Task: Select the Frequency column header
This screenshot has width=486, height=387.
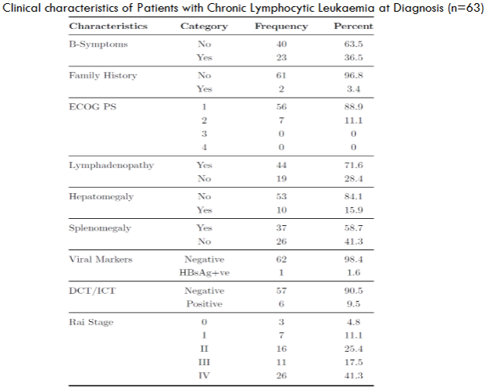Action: [281, 27]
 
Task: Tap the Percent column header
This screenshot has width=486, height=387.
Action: [353, 27]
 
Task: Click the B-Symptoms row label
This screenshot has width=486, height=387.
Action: [98, 45]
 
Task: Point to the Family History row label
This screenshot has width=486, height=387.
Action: [102, 75]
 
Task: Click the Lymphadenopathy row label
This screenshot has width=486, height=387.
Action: [111, 166]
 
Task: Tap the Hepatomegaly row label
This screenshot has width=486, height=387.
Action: [102, 196]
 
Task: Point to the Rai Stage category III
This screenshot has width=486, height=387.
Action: [204, 362]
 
